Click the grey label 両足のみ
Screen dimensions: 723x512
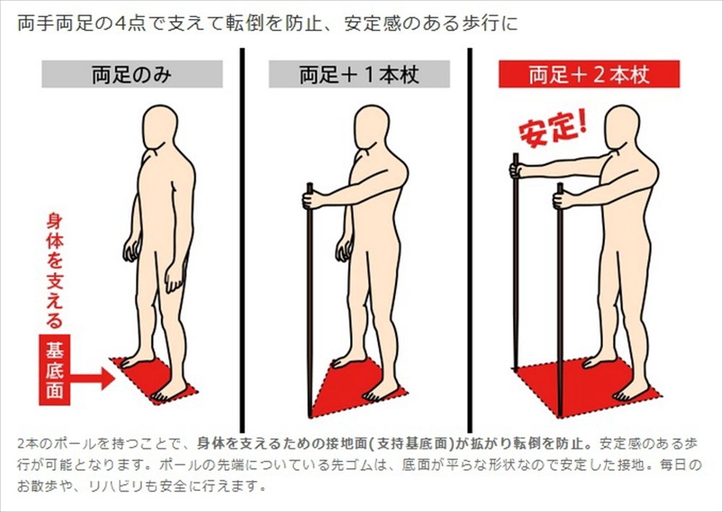click(x=132, y=74)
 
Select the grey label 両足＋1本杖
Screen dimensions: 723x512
click(x=359, y=74)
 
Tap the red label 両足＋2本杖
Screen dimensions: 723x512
click(x=589, y=74)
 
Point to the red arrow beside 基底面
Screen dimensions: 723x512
click(x=93, y=379)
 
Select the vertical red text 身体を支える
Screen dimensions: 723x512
click(x=54, y=271)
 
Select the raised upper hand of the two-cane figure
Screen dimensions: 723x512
click(x=518, y=170)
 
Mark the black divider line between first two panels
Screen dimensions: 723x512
click(x=242, y=240)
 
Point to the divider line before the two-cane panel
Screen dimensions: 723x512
click(x=470, y=240)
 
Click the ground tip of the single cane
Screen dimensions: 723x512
click(x=310, y=416)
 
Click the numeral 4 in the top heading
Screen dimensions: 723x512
click(x=119, y=23)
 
